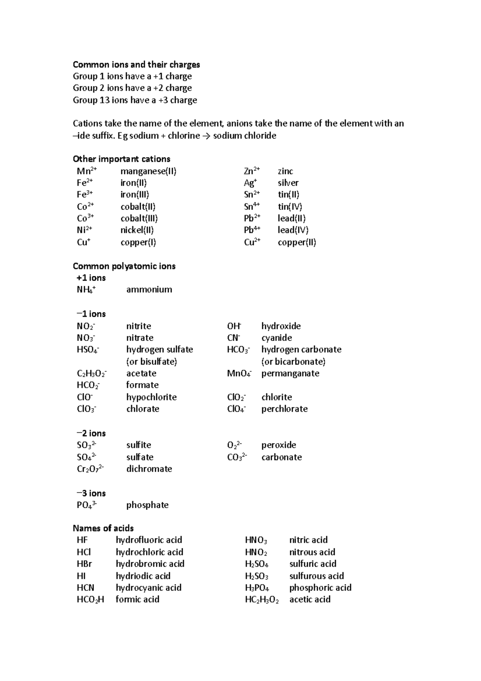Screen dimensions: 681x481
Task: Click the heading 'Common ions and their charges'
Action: click(136, 65)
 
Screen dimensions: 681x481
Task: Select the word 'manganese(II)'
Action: click(148, 171)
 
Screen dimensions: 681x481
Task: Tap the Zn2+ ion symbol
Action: click(252, 171)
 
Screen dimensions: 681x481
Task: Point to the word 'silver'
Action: click(288, 183)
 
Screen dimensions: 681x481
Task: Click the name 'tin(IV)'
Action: click(290, 207)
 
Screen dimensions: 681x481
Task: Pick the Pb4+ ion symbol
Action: click(252, 230)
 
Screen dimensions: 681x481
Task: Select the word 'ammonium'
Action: click(149, 290)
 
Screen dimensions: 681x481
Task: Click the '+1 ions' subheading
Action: click(91, 278)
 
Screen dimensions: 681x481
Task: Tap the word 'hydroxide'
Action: click(281, 326)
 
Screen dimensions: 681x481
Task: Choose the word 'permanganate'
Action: click(290, 373)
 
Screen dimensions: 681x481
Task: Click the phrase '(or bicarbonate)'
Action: click(293, 361)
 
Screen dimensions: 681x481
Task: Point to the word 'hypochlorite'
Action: click(151, 397)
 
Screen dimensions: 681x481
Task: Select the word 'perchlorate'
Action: click(284, 409)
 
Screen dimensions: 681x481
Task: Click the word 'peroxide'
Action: click(279, 445)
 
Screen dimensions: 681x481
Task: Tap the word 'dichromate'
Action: click(149, 469)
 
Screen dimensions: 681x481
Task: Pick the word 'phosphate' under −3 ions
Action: click(147, 505)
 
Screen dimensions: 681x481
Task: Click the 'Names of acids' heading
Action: click(103, 528)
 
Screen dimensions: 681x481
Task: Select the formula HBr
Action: click(84, 564)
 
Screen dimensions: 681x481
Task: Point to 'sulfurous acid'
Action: click(316, 576)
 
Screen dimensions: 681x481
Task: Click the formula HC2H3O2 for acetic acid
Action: click(261, 600)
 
